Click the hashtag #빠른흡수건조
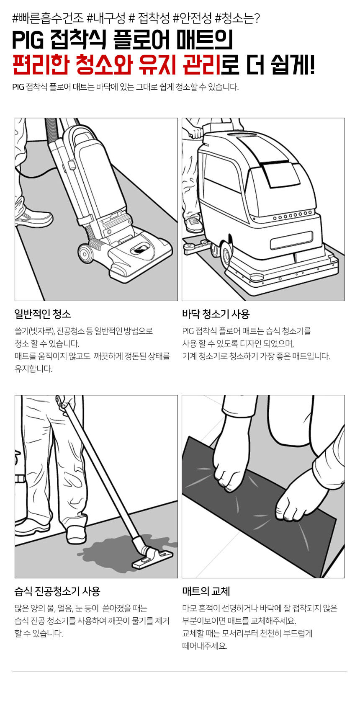48,18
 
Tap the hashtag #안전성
192,18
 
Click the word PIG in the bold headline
28,41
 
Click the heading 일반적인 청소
43,314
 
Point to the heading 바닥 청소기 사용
216,314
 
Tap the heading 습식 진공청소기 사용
57,591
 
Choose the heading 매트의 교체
206,591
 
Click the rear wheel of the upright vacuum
85,253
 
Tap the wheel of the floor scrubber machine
226,254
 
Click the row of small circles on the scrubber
293,216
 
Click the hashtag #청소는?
237,18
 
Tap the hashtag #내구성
106,18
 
